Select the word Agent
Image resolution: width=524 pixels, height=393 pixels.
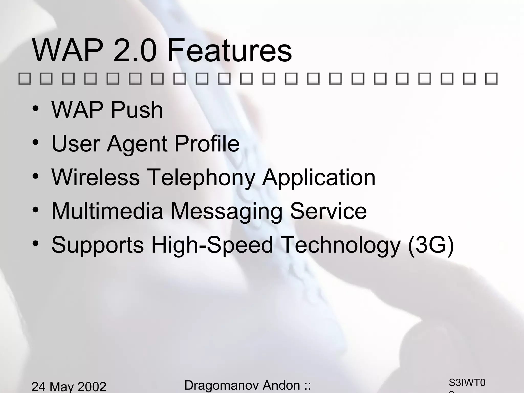click(137, 144)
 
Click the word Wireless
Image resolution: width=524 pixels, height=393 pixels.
click(95, 177)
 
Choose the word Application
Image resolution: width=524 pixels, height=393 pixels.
click(319, 178)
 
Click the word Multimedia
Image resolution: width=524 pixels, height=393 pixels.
click(107, 211)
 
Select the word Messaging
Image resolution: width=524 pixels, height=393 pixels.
click(226, 211)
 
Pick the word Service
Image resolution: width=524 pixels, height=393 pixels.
click(329, 211)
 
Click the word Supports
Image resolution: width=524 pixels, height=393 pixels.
click(97, 245)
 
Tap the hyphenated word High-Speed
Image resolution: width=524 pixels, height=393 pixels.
click(212, 245)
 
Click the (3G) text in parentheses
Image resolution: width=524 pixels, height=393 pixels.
click(431, 245)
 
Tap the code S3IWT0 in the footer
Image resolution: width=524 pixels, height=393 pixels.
click(467, 383)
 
